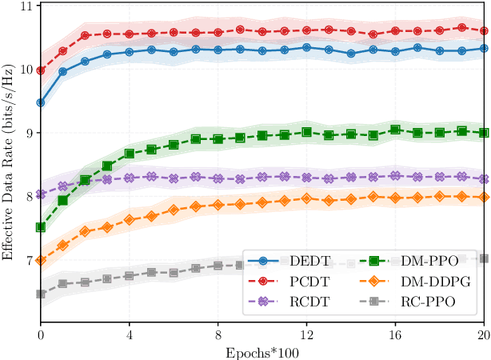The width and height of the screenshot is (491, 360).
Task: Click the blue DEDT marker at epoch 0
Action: [x=41, y=102]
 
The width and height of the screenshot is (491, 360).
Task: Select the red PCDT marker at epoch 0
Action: [x=41, y=70]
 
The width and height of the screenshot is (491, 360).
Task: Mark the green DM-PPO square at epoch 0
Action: [x=41, y=227]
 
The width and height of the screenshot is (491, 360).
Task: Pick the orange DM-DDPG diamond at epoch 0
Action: [x=41, y=260]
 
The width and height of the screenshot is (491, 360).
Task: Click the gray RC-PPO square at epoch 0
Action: [x=41, y=294]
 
